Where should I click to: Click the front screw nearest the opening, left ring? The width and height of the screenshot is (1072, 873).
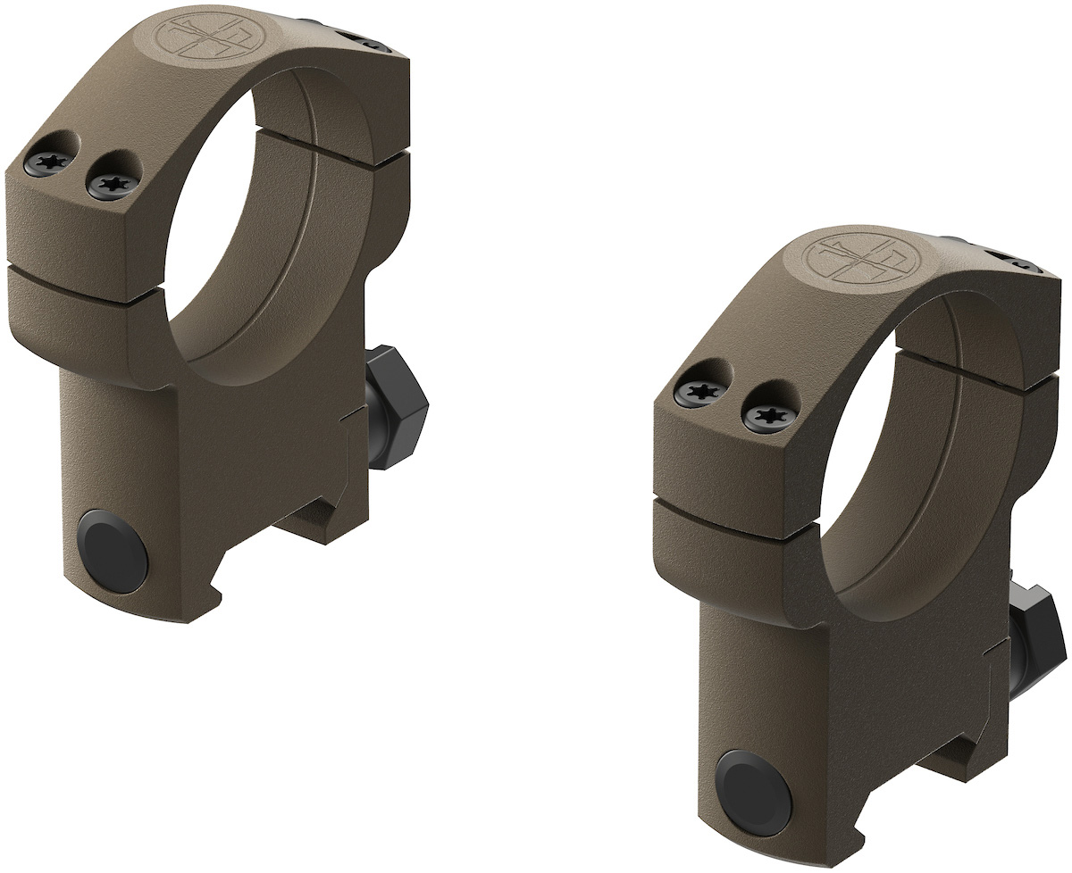click(x=113, y=185)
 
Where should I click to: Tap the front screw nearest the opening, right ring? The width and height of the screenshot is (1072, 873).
click(x=764, y=412)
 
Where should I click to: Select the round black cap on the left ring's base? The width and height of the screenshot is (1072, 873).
click(x=112, y=548)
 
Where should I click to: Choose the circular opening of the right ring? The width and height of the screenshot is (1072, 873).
click(x=902, y=464)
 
